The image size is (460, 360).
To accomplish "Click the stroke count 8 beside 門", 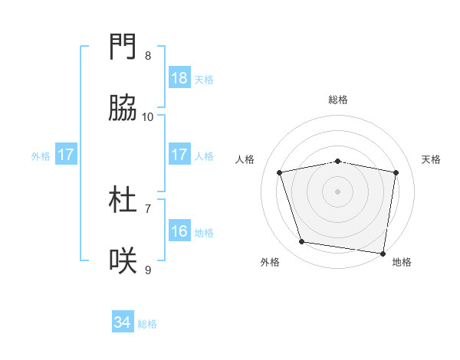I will pos(147,56).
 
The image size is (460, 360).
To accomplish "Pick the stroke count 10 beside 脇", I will pos(148,117).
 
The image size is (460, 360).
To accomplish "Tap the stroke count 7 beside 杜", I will pos(147,208).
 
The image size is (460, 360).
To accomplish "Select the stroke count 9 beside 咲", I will pos(147,270).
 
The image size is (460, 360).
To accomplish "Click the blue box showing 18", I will pos(179,78).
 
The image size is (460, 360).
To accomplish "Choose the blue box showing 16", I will pos(179,231).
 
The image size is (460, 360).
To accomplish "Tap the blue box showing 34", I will pos(123,323).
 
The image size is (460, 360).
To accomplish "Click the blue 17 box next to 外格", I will pos(66,155).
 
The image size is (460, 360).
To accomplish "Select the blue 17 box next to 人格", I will pos(179,155).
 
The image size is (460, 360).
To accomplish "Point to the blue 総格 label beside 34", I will pos(147,324).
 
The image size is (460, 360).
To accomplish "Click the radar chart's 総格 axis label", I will pos(338,100).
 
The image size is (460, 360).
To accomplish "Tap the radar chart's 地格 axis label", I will pos(402,262).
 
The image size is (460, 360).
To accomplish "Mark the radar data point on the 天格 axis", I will pos(396,172).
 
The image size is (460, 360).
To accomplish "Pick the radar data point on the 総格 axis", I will pos(338,161).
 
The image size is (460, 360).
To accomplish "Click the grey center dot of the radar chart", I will pos(338,191).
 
